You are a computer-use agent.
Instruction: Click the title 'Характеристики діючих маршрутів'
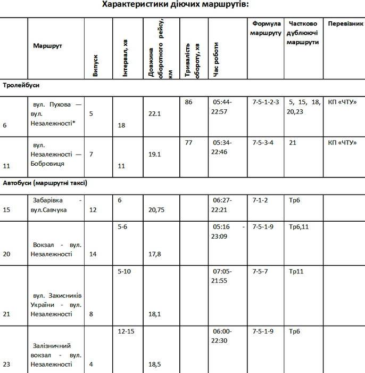pos(182,5)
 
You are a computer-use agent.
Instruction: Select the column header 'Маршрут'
pos(47,46)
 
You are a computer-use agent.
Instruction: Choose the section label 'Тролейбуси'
pos(21,85)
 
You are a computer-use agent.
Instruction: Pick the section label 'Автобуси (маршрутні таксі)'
pos(45,183)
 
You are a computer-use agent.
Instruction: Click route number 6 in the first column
pos(5,126)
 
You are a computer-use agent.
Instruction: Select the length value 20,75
pos(156,210)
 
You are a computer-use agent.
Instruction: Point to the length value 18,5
pos(155,364)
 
